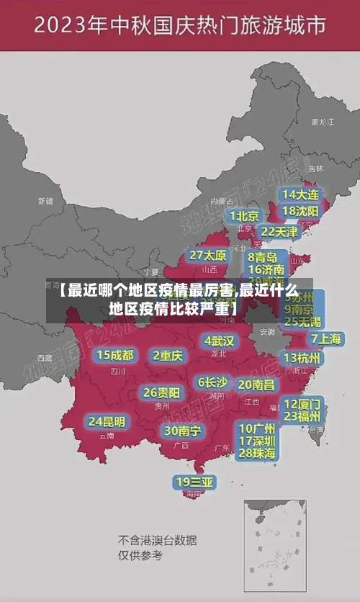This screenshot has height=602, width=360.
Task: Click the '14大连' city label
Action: click(301, 194)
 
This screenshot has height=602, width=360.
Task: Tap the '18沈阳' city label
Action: click(301, 211)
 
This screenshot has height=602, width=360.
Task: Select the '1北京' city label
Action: click(243, 215)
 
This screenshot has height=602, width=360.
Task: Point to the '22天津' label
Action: click(279, 232)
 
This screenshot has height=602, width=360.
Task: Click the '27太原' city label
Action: click(207, 256)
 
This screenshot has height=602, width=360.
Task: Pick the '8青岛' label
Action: click(263, 257)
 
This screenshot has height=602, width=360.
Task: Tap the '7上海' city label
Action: click(325, 338)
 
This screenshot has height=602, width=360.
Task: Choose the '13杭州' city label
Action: click(302, 357)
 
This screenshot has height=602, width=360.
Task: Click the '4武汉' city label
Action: click(219, 341)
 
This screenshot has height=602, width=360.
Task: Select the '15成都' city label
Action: click(115, 355)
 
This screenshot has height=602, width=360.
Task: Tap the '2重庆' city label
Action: click(168, 355)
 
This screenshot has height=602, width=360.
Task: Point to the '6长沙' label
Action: click(212, 382)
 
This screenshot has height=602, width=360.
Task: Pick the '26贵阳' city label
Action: click(162, 393)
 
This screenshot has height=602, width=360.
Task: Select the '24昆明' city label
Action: click(107, 421)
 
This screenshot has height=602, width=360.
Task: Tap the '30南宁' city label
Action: click(183, 431)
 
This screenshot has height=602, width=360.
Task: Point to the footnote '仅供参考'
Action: click(140, 555)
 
